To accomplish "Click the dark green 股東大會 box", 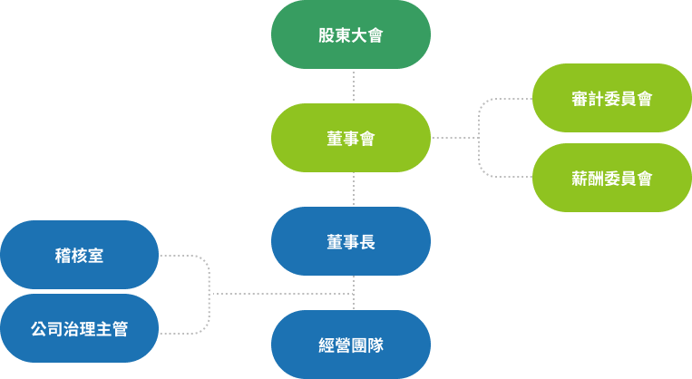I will [351, 35].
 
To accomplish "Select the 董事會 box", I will [351, 139].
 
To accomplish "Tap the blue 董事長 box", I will [351, 242].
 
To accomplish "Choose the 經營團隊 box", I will [351, 345].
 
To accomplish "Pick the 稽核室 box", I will [79, 256].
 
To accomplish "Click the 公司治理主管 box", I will [79, 328].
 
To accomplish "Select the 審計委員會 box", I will [612, 99].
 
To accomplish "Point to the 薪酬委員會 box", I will [612, 178].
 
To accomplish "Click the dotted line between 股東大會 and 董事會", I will [353, 86].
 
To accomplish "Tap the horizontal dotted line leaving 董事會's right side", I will [453, 138].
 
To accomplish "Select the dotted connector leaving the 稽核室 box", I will [186, 256].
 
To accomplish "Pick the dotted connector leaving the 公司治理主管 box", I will [186, 334].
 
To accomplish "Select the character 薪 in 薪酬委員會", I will [580, 178].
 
